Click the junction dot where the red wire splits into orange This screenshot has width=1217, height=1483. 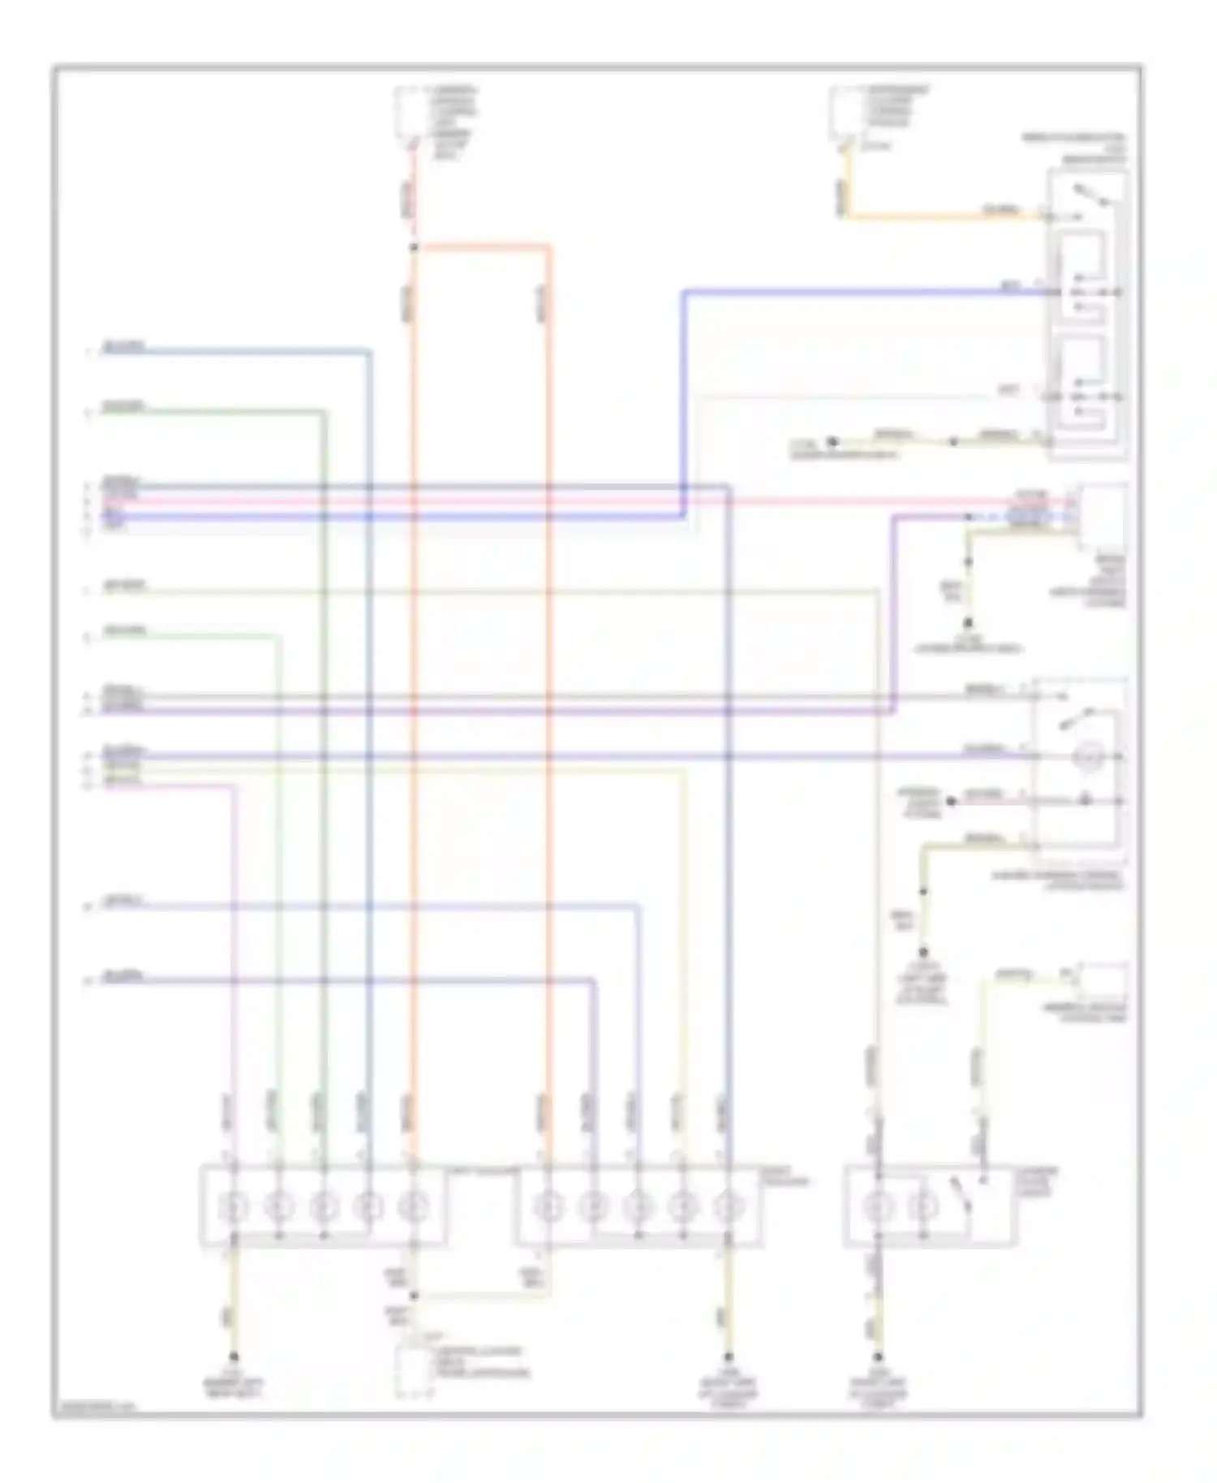413,247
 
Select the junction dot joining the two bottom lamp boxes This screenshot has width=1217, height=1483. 413,1295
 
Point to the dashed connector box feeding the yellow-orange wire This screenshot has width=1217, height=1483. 844,114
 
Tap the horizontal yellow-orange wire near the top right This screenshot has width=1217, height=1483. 941,217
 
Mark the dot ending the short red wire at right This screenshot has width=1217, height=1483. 952,801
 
